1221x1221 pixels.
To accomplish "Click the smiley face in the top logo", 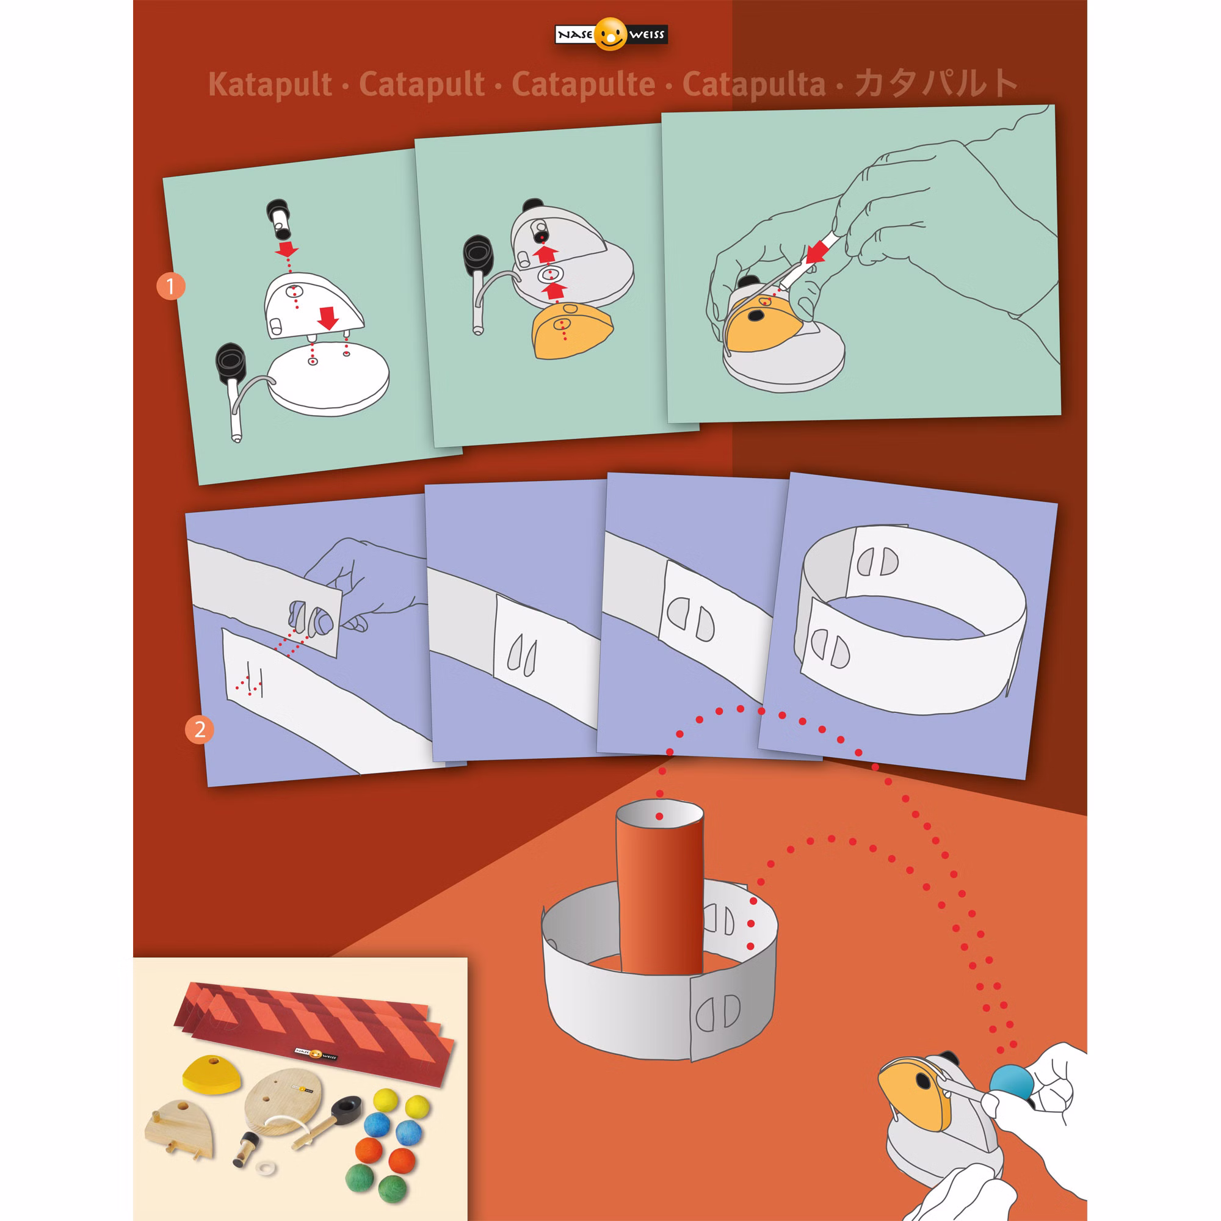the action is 610,34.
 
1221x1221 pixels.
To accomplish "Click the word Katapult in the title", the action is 270,85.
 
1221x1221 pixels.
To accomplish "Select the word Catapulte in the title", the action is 583,85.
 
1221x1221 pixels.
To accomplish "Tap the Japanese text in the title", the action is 935,83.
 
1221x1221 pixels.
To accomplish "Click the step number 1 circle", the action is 171,286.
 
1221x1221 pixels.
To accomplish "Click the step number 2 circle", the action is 200,730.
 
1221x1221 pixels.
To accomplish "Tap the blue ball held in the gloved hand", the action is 1012,1083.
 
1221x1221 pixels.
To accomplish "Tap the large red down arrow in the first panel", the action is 328,318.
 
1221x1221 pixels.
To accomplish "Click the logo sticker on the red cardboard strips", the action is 316,1054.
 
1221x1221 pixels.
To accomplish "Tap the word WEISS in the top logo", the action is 647,34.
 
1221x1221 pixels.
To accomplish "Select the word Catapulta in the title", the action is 754,85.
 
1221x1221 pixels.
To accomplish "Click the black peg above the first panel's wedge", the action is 279,218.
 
